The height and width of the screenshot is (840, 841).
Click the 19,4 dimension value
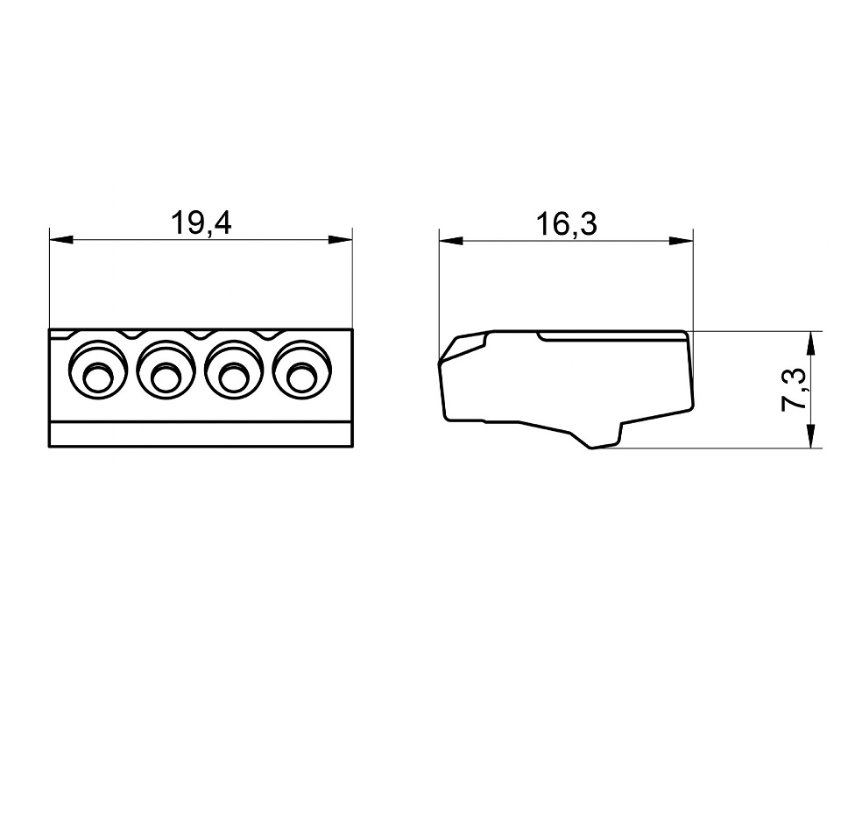point(201,223)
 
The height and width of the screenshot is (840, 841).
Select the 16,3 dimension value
point(566,224)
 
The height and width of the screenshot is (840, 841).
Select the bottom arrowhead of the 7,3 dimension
point(815,438)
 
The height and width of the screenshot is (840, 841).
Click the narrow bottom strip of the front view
point(201,435)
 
